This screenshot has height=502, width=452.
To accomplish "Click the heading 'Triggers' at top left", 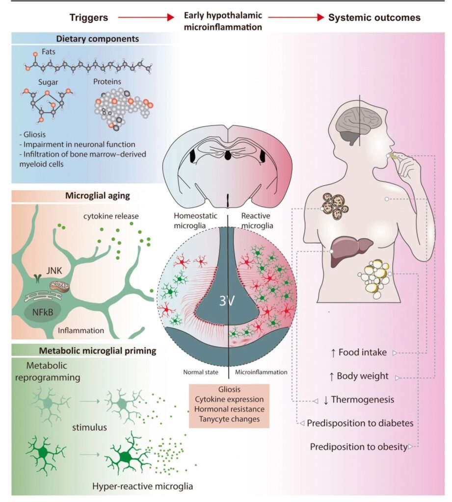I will [88, 18].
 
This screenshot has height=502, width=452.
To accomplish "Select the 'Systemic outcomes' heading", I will [374, 18].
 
